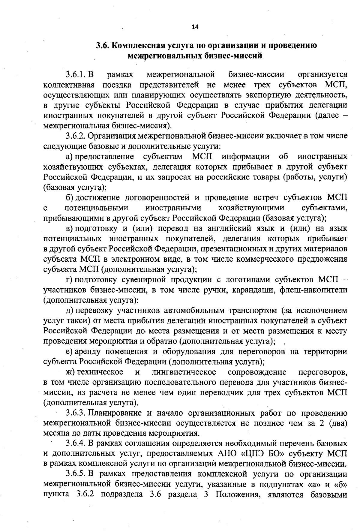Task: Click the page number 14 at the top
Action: tap(195, 27)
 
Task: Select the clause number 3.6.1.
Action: tap(76, 74)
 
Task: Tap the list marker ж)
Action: tap(70, 372)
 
